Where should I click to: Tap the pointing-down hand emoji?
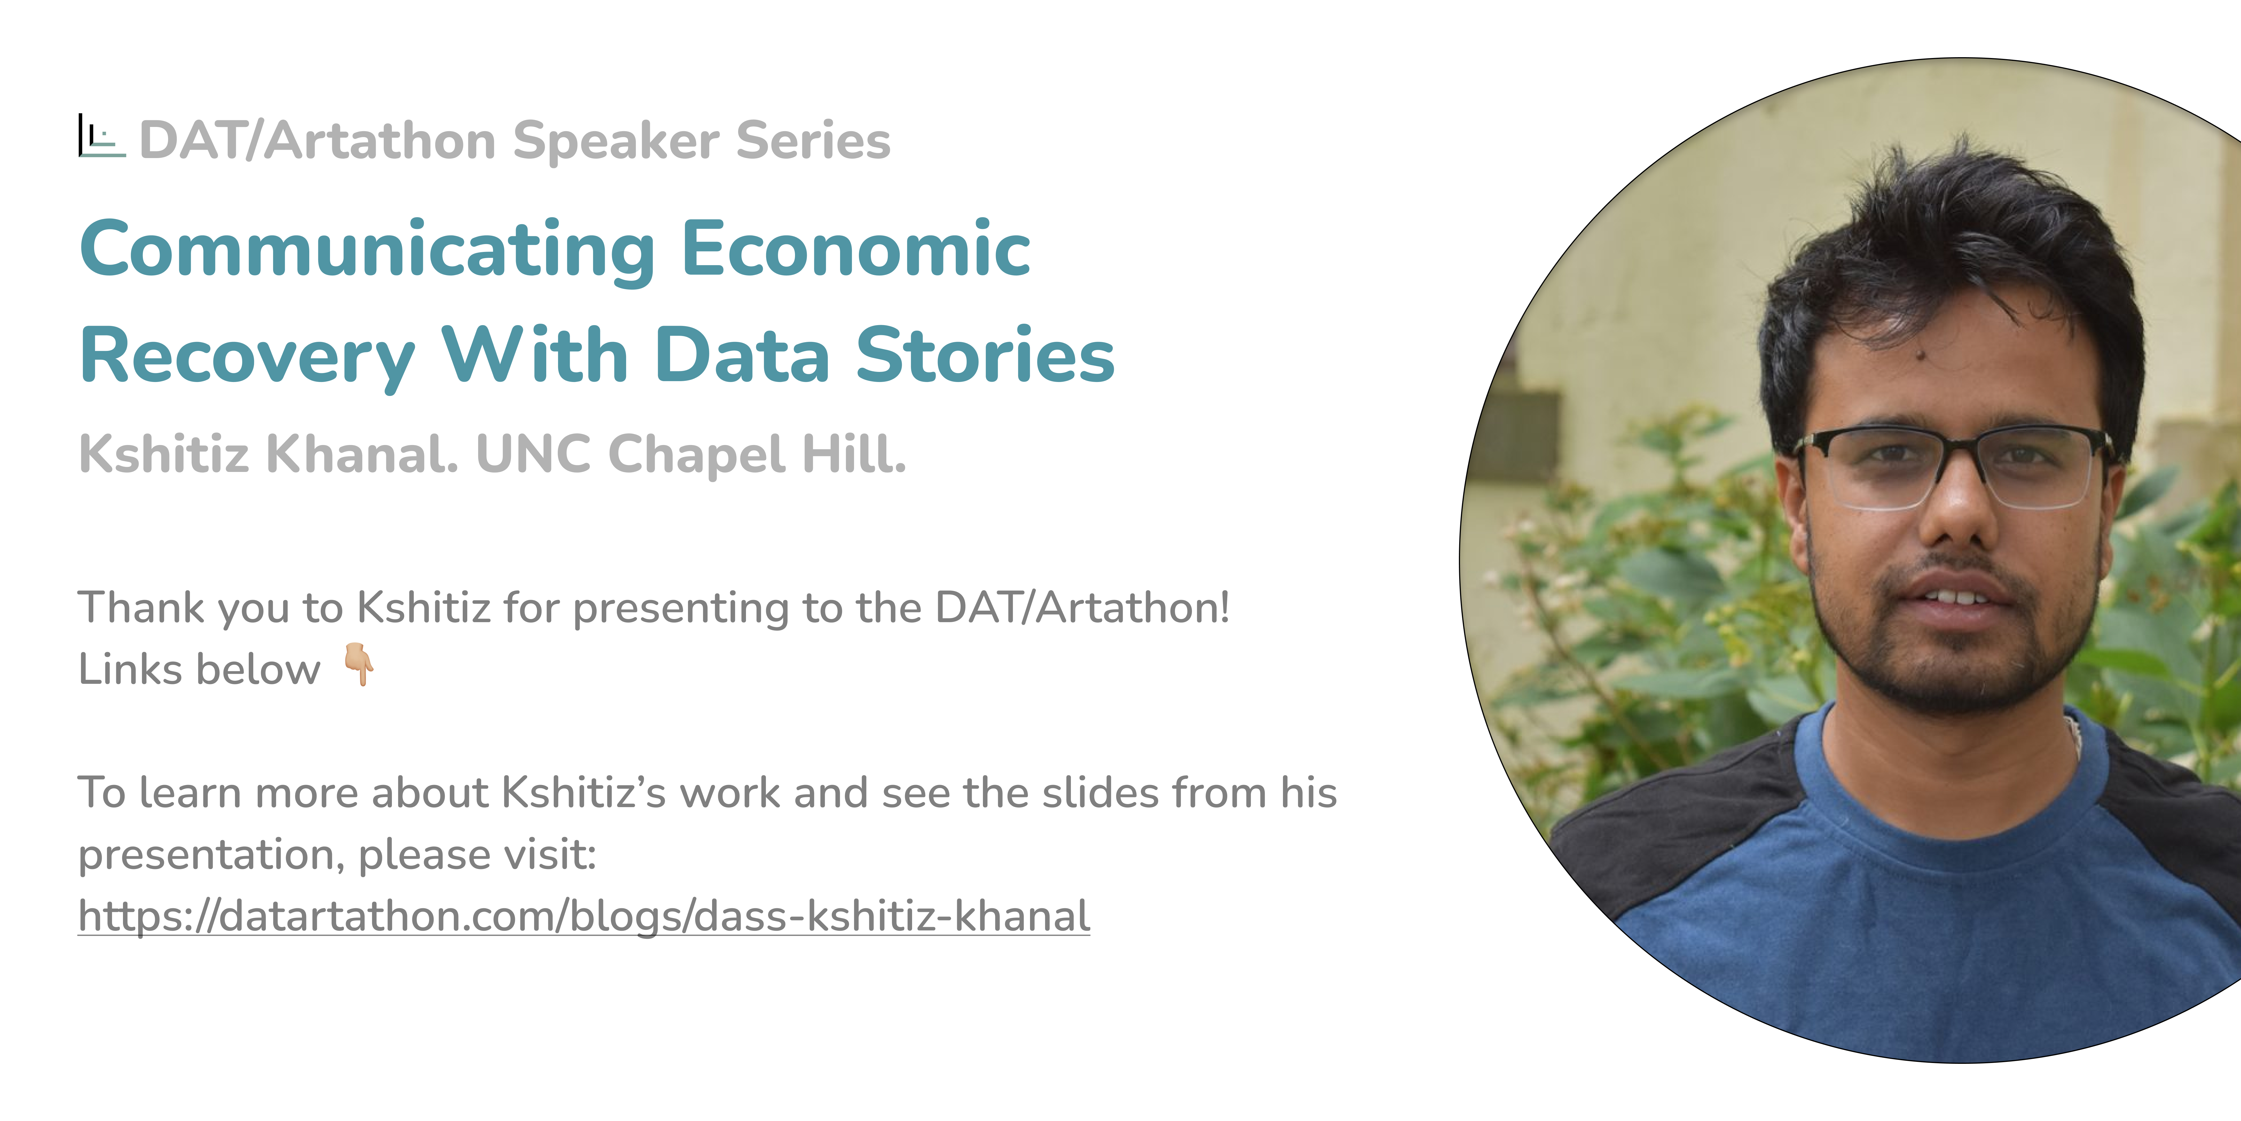pos(359,665)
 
